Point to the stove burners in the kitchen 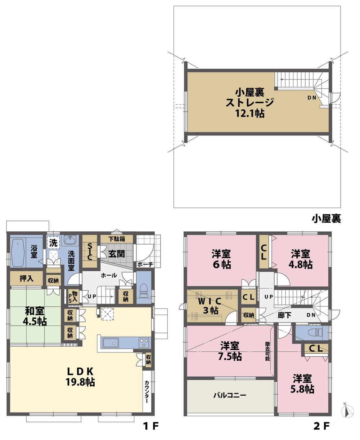click(144, 342)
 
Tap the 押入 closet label click(26, 279)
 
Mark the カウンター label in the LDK click(147, 392)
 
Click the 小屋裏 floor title click(327, 218)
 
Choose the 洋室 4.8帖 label click(302, 259)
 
